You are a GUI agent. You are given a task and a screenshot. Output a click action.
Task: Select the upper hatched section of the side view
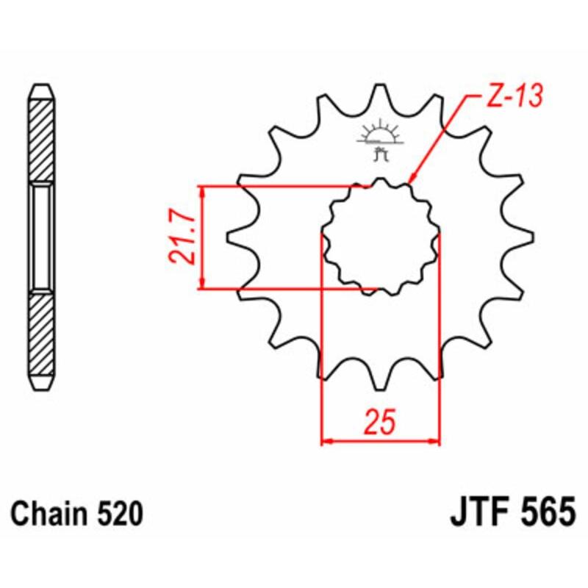(41, 140)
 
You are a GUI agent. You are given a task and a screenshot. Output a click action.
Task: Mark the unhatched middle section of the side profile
(41, 237)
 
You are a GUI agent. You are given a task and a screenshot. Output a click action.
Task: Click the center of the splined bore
(381, 237)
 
